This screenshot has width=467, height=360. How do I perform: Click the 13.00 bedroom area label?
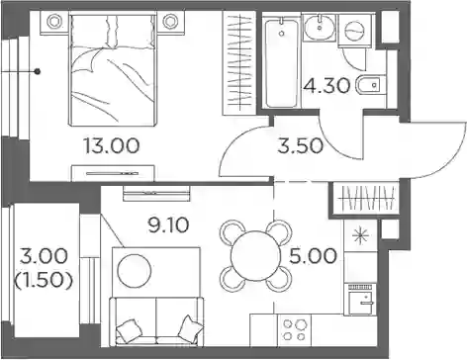coord(112,145)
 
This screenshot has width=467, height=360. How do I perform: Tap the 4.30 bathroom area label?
coord(327,86)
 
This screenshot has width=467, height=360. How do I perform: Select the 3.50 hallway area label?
coord(300,145)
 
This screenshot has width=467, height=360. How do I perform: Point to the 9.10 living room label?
coord(168,225)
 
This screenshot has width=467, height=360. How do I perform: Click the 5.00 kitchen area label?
coord(313,256)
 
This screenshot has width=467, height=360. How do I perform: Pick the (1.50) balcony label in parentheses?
coord(44,281)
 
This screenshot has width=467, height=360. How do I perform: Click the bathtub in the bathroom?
coord(281,62)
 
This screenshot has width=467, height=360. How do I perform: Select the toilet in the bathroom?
coord(371,85)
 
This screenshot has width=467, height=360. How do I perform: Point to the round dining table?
coord(255,256)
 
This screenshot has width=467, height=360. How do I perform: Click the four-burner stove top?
coord(294,329)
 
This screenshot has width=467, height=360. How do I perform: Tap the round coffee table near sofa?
coord(135,271)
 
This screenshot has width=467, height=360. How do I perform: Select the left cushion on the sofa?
coord(128,329)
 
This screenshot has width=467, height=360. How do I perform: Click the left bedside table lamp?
coord(53,21)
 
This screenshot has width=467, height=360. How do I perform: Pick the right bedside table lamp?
coord(170,21)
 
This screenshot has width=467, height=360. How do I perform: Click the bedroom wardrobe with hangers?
coord(239,62)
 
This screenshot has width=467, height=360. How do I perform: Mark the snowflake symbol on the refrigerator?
coord(360,236)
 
